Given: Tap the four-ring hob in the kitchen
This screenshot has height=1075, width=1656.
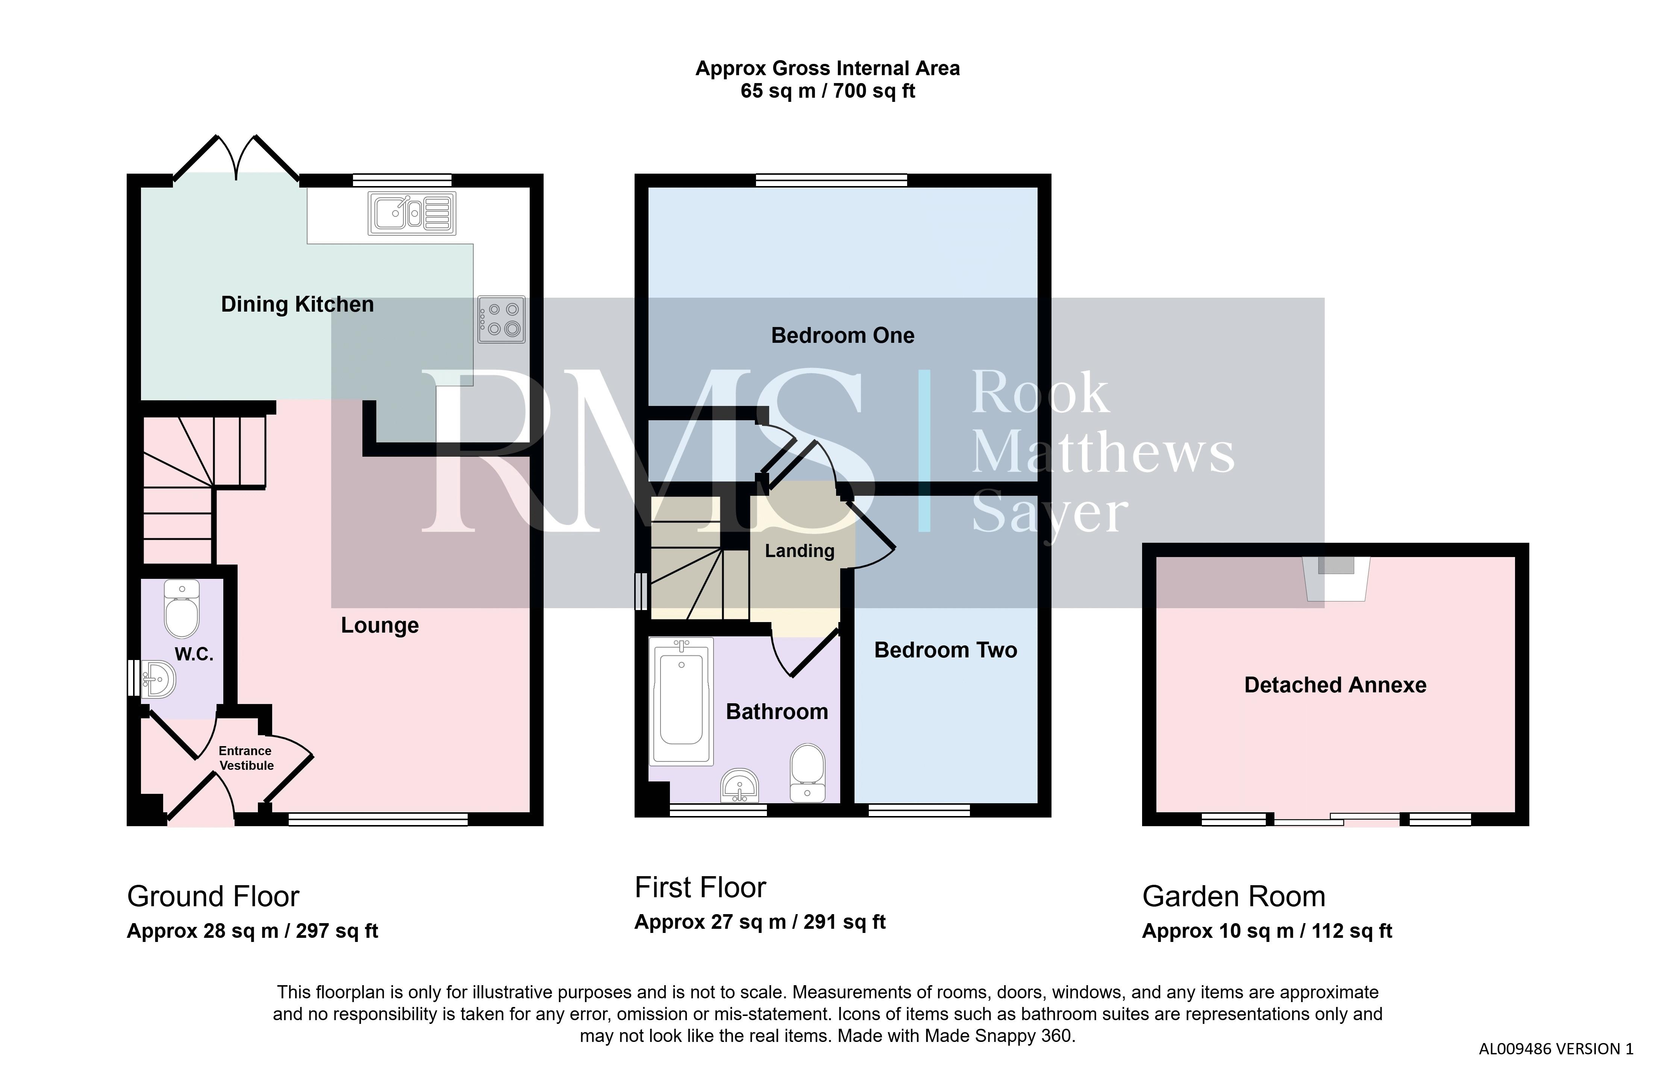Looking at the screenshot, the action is [x=501, y=319].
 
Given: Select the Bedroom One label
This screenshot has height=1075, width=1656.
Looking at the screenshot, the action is [x=842, y=335].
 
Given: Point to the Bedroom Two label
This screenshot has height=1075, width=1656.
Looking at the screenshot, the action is [x=945, y=650].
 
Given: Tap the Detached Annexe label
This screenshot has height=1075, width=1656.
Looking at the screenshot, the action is [x=1335, y=685].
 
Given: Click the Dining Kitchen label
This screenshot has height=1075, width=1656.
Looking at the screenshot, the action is [x=297, y=304].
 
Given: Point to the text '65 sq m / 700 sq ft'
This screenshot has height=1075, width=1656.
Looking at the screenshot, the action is [x=828, y=91].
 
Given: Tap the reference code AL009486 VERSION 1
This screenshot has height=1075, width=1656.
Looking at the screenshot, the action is [x=1556, y=1049].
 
